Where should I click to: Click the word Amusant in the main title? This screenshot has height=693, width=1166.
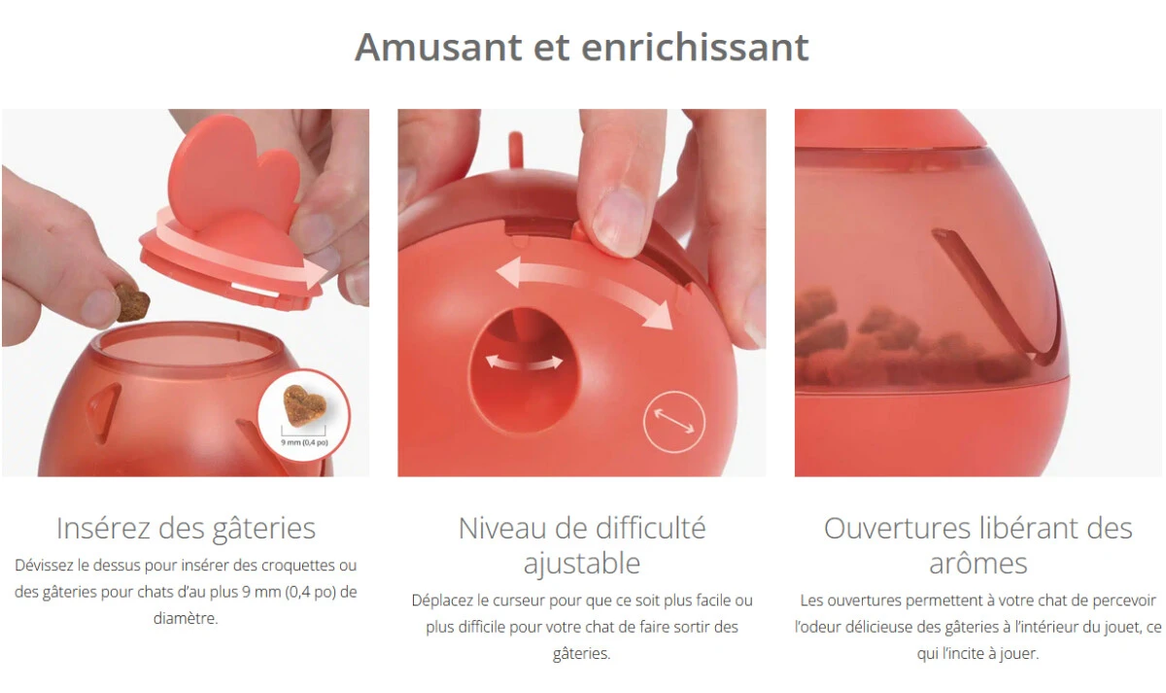point(438,48)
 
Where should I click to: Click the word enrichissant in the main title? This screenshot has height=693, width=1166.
point(695,48)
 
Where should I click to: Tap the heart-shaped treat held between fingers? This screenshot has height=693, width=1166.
point(132,301)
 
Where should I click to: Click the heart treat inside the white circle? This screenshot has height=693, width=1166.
point(304,404)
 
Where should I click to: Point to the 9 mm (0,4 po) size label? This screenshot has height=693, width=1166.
point(304,442)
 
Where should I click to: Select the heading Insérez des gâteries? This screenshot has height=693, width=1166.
point(186,529)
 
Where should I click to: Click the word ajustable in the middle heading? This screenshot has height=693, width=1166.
point(581,564)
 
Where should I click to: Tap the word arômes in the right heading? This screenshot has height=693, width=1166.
point(978,564)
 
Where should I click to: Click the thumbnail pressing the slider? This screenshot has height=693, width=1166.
point(618,222)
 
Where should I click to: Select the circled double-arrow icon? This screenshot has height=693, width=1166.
point(674,421)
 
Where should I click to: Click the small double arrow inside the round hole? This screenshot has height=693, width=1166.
point(524,363)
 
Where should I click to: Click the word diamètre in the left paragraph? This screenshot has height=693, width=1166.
point(186,618)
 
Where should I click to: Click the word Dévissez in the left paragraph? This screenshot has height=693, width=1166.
point(44,566)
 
